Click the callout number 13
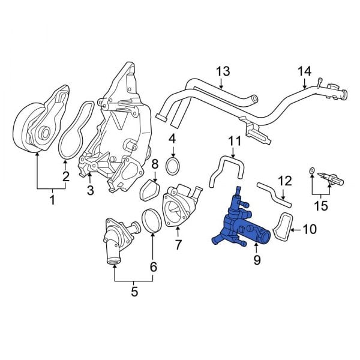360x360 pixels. pos(223,71)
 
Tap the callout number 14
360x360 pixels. pos(305,71)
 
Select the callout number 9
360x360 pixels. pos(257,260)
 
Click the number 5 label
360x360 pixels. pos(134,292)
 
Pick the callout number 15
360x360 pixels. pos(322,206)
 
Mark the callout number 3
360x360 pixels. pos(90,191)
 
